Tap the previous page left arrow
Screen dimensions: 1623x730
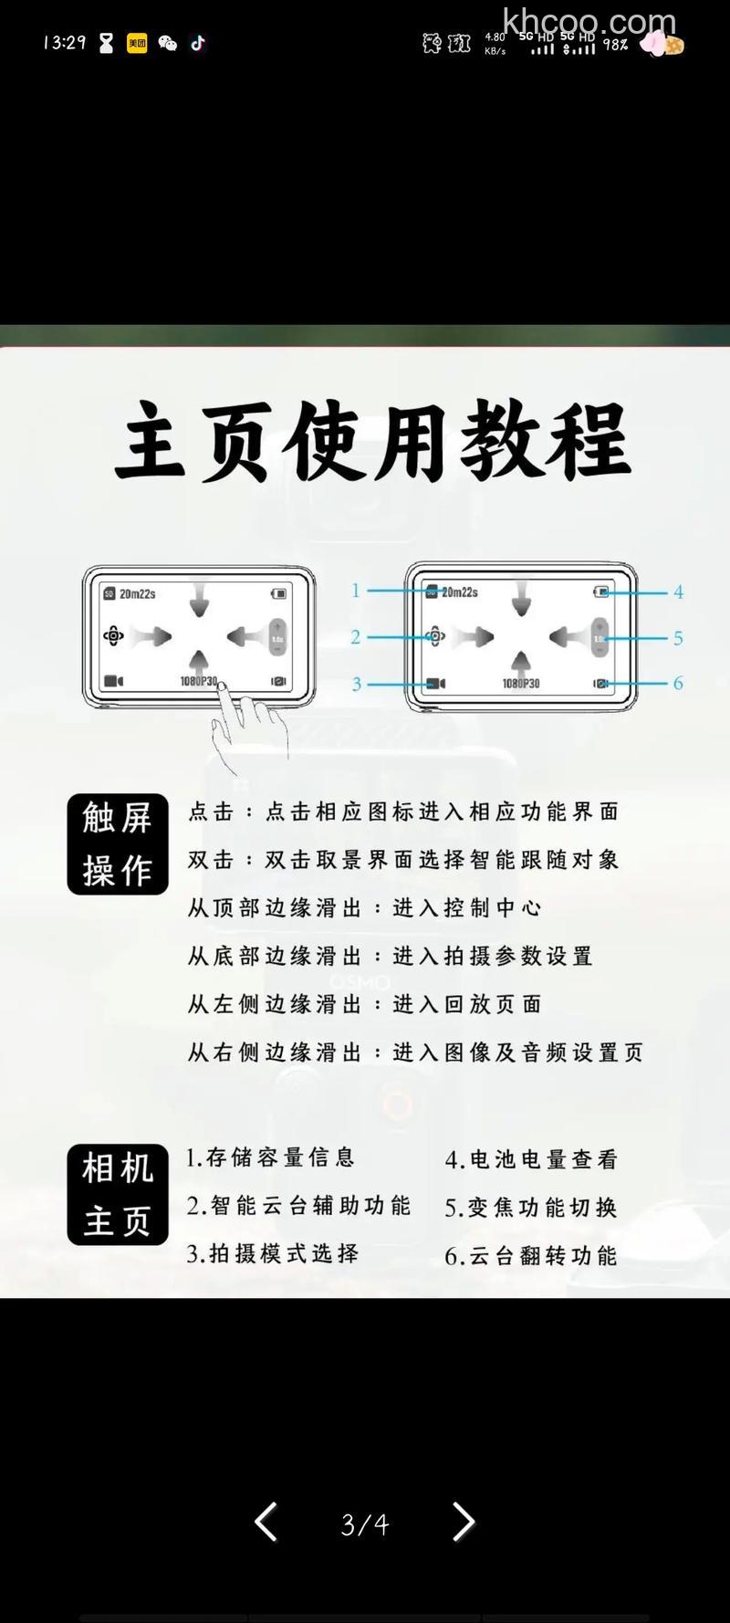266,1523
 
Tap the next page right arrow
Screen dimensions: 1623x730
464,1523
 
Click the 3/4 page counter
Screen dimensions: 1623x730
365,1524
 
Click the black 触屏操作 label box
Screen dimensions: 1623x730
118,844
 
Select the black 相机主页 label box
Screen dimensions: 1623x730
118,1194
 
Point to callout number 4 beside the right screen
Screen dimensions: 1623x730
678,592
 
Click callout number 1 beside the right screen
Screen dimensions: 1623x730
356,591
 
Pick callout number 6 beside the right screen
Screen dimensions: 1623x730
678,683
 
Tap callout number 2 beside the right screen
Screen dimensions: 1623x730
356,637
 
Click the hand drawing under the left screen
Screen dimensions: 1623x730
245,726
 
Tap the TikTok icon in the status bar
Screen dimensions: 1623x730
198,43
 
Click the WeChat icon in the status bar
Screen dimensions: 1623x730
168,43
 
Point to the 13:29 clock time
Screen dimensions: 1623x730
64,43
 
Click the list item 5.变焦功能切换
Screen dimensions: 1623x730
531,1208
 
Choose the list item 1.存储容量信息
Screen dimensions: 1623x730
270,1157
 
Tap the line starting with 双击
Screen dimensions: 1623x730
403,860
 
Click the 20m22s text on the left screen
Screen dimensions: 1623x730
137,594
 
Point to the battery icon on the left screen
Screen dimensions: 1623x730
278,594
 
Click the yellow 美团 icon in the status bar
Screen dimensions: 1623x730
137,43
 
